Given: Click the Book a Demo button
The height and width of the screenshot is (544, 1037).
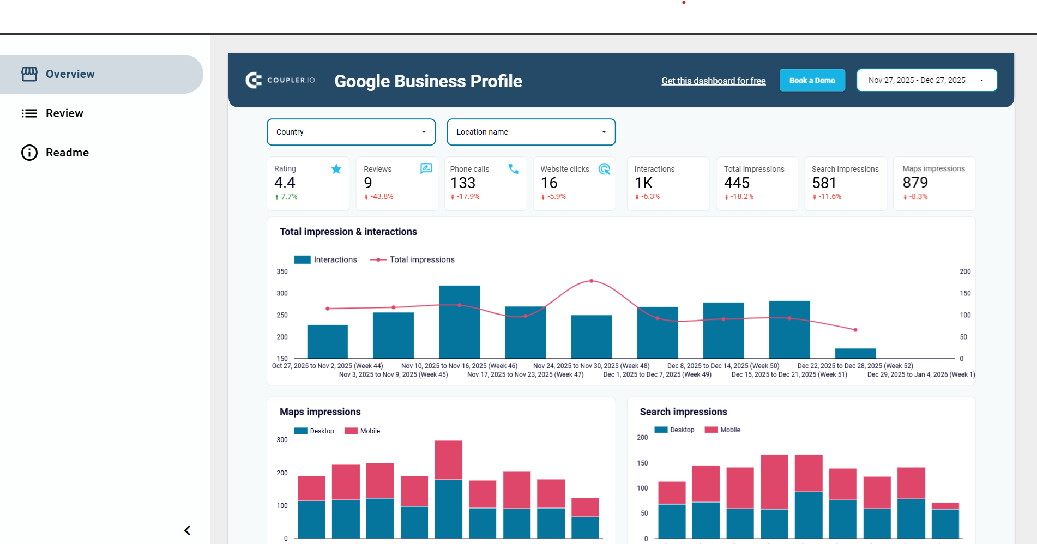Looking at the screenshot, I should pos(812,81).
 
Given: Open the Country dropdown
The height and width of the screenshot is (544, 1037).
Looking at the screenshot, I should pos(351,132).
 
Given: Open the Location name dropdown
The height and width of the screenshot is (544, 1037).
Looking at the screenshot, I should pos(530,132).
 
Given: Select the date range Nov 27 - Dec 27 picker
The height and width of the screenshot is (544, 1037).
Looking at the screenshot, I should pos(926,80).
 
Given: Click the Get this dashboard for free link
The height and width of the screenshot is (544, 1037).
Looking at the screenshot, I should pos(713,81).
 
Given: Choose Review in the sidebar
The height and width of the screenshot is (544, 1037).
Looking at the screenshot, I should pos(64,113).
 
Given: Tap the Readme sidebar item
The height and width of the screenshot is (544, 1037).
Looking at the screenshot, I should pos(67,153).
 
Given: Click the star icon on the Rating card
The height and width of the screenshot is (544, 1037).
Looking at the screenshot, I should pos(336,169).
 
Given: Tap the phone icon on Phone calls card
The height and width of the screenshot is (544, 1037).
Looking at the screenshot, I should pos(514,169).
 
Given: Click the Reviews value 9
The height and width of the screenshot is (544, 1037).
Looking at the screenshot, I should pos(368,183).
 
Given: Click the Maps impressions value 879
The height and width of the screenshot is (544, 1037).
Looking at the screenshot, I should pos(915,183).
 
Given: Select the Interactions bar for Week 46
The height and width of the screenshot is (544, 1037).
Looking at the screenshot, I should pos(459,322).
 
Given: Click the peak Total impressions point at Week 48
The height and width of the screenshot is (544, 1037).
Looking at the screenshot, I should pos(592,281).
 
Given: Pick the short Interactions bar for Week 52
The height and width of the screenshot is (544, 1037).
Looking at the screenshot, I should pos(855,353).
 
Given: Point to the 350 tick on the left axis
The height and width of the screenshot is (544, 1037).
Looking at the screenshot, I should pos(282,271).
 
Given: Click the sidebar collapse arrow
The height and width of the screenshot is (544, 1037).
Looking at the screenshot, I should pos(187,530).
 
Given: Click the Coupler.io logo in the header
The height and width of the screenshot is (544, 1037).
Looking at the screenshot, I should pos(280,81).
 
